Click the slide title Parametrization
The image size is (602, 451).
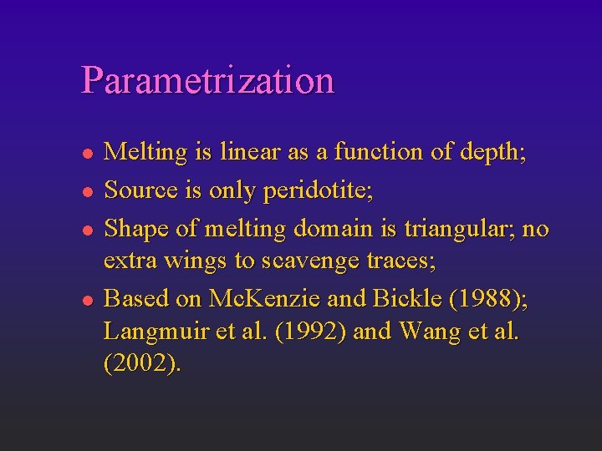click(207, 80)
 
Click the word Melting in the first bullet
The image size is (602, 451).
click(145, 153)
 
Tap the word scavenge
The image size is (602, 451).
click(306, 261)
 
